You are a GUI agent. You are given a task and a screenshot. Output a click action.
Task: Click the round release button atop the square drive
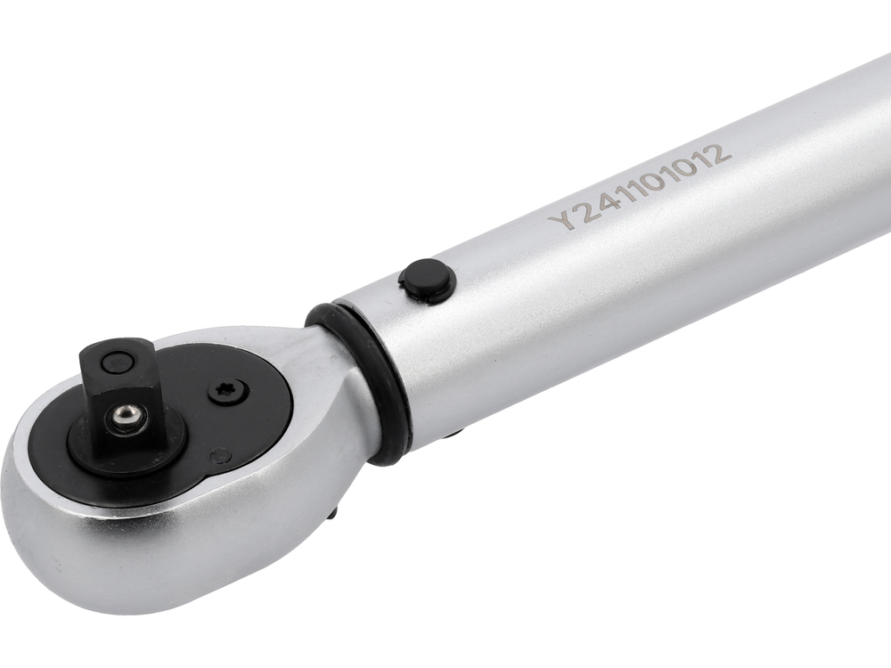tap(116, 363)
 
